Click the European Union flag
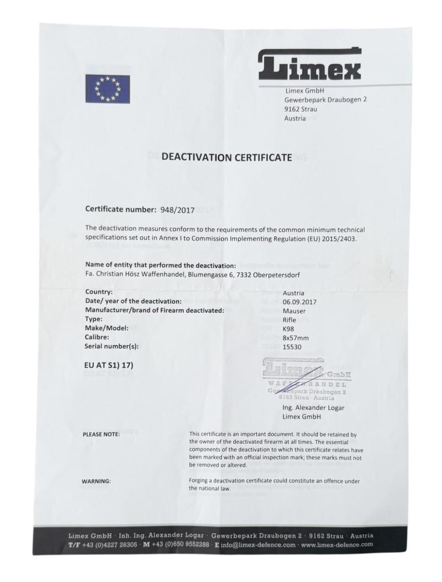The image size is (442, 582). click(108, 88)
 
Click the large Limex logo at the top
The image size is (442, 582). click(309, 65)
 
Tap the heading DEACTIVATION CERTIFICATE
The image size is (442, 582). click(227, 158)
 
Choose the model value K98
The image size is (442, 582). click(289, 328)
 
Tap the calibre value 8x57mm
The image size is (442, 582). click(296, 337)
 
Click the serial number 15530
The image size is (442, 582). click(293, 347)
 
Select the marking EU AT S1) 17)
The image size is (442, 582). click(109, 365)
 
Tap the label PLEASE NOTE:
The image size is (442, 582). click(101, 435)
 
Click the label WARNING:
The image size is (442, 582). click(96, 481)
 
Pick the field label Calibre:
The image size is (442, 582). click(97, 337)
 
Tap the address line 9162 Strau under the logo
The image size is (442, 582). click(301, 109)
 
